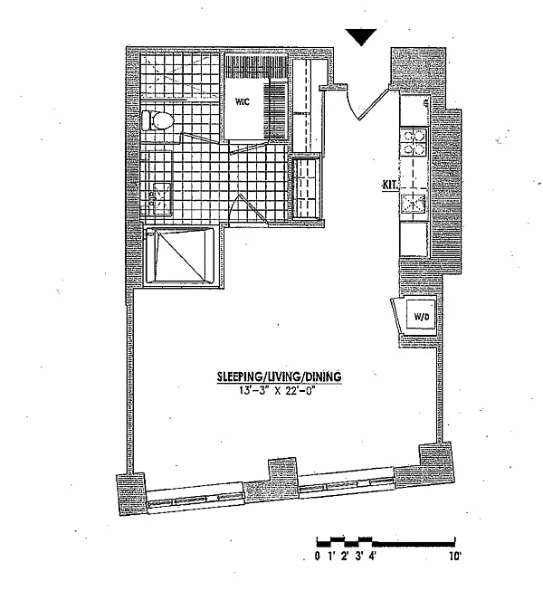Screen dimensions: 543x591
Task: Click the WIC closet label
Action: click(x=243, y=101)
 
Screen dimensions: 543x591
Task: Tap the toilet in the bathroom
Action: click(x=157, y=120)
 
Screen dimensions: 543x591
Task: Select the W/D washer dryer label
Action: click(x=422, y=317)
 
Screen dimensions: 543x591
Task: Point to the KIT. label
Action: click(x=390, y=186)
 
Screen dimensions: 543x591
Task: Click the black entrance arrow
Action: click(x=361, y=37)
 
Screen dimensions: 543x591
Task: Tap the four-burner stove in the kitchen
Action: click(x=414, y=142)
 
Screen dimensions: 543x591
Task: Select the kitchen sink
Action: click(x=414, y=204)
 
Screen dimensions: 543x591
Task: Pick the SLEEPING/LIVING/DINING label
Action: click(x=280, y=377)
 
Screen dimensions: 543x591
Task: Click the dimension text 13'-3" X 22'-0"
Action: click(x=277, y=391)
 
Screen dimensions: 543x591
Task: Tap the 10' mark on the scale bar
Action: click(x=455, y=556)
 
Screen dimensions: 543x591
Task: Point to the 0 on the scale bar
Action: click(x=318, y=556)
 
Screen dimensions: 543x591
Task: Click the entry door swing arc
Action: click(x=351, y=104)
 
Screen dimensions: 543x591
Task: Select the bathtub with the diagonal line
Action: click(x=180, y=255)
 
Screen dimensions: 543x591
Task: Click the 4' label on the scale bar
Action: click(x=373, y=556)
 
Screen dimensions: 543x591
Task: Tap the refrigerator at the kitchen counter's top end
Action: click(x=414, y=110)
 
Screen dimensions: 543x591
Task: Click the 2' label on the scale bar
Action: click(x=345, y=556)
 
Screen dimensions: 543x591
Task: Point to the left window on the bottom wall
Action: click(x=195, y=500)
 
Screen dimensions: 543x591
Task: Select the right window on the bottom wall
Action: click(x=347, y=485)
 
